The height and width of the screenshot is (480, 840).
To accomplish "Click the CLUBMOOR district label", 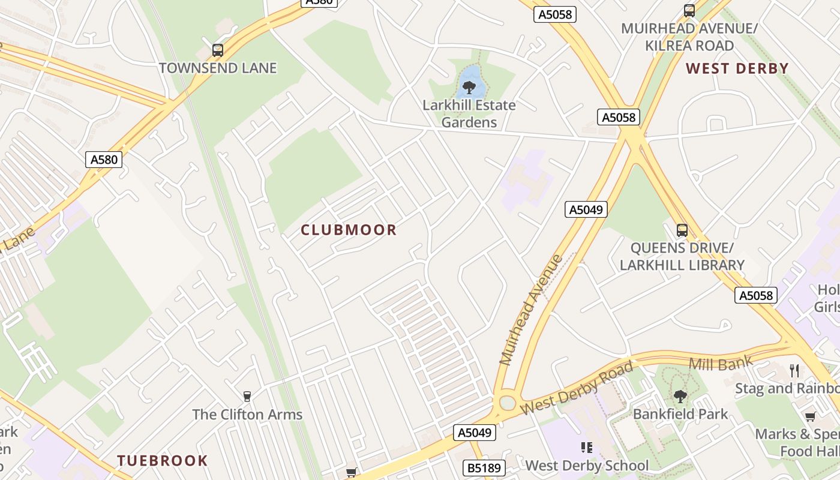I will [x=349, y=230].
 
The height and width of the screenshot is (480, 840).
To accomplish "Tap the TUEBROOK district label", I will [x=162, y=461].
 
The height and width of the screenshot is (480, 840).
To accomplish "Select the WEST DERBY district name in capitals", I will [x=737, y=68].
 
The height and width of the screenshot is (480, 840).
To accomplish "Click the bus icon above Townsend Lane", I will [x=218, y=50].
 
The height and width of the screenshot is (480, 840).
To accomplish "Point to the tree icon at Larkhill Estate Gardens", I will [x=469, y=88].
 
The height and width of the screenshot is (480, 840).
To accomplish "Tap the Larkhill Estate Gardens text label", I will [x=469, y=113].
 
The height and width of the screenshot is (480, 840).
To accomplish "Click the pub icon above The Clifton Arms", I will [x=247, y=396].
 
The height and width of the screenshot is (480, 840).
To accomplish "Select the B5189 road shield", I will [x=485, y=467].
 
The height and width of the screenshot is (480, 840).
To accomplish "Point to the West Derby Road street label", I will [x=577, y=388].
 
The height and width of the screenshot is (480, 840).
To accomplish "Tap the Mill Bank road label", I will [x=712, y=364].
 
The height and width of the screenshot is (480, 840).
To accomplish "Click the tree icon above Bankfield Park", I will [x=680, y=396].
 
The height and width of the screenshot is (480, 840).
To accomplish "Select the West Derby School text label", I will [x=587, y=465].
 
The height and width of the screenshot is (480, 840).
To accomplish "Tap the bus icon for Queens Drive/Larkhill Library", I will [x=682, y=230].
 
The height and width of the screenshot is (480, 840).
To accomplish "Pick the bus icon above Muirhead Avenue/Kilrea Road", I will [x=689, y=11].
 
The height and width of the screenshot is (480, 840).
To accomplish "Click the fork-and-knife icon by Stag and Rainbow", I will [x=795, y=370].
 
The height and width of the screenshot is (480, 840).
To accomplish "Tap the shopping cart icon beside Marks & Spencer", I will [x=811, y=416].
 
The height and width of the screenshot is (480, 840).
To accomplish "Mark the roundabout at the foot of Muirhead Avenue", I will [x=508, y=402].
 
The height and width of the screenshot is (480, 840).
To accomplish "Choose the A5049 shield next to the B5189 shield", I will [x=475, y=433].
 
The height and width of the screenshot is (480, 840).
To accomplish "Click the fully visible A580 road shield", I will [x=104, y=159].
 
